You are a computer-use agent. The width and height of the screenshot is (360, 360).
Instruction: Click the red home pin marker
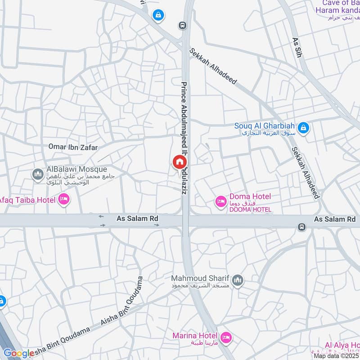coord(179,162)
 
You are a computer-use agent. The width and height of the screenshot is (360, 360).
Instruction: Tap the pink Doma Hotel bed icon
coord(221,202)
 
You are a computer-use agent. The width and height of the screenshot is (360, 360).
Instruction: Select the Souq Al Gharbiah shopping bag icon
coord(304,128)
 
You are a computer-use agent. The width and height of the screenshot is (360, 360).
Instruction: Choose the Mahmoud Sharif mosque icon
coord(238,281)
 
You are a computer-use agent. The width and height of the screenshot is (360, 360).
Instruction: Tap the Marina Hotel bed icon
coord(226,337)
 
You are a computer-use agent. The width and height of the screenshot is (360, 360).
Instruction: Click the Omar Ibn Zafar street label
coord(73,147)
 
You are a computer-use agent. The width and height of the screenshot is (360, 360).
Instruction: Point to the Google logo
coord(18,353)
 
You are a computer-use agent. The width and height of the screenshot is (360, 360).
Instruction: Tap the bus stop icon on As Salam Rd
coord(301,227)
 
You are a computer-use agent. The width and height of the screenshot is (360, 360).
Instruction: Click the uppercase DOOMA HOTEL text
coord(250,210)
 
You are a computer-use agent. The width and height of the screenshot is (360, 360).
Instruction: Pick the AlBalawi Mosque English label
coord(77,169)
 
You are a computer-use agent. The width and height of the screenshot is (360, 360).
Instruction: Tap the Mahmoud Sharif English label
coord(201,278)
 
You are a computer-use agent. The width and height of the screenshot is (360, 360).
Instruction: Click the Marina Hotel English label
coord(195,336)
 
